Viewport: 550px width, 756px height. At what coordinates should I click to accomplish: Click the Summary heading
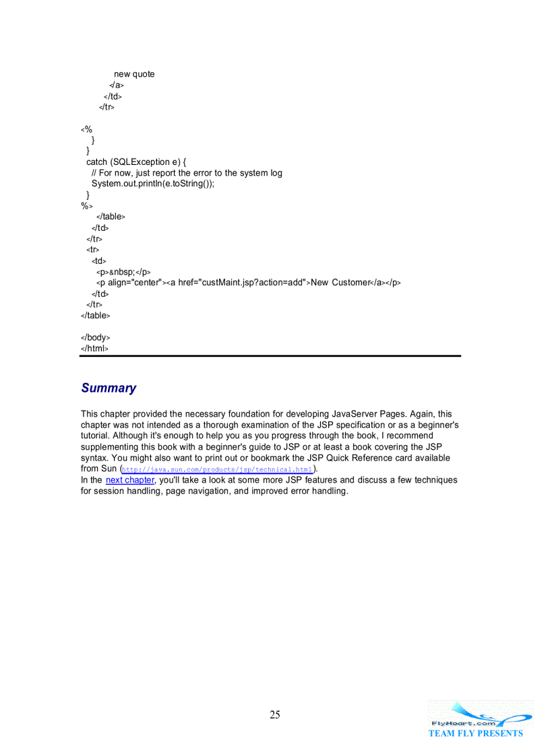coord(109,388)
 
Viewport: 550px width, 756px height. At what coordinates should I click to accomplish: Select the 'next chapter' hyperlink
coord(129,480)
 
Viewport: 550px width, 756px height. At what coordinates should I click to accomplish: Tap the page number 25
coord(275,715)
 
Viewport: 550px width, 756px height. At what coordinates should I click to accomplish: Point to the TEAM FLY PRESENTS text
coord(476,733)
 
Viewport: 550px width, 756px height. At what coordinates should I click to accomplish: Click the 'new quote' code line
coord(134,74)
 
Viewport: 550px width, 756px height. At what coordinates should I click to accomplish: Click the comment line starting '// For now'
coord(187,173)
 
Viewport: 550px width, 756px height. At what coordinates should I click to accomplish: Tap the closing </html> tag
coord(94,348)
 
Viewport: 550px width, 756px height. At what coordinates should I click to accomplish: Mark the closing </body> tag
coord(96,337)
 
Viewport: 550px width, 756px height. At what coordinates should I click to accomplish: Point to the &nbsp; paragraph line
coord(123,272)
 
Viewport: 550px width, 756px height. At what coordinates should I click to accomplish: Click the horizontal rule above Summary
coord(270,355)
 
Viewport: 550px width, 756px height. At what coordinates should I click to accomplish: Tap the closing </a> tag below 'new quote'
coord(116,85)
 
